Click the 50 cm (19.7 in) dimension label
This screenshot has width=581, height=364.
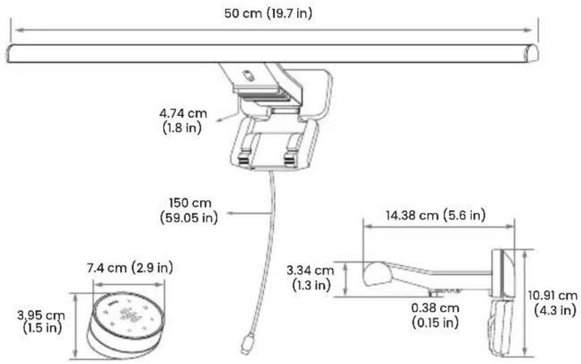click(268, 13)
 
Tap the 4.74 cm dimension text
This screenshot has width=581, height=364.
click(183, 113)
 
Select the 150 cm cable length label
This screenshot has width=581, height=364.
click(190, 203)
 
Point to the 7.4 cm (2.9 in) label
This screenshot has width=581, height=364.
click(130, 268)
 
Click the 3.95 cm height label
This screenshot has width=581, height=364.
click(40, 315)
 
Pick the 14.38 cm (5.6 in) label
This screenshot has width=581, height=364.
click(435, 215)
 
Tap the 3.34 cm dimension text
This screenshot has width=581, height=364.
click(310, 270)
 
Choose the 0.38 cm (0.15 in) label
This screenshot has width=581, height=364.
click(435, 315)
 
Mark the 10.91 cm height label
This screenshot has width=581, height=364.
click(553, 295)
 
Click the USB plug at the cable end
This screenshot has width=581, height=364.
click(247, 344)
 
